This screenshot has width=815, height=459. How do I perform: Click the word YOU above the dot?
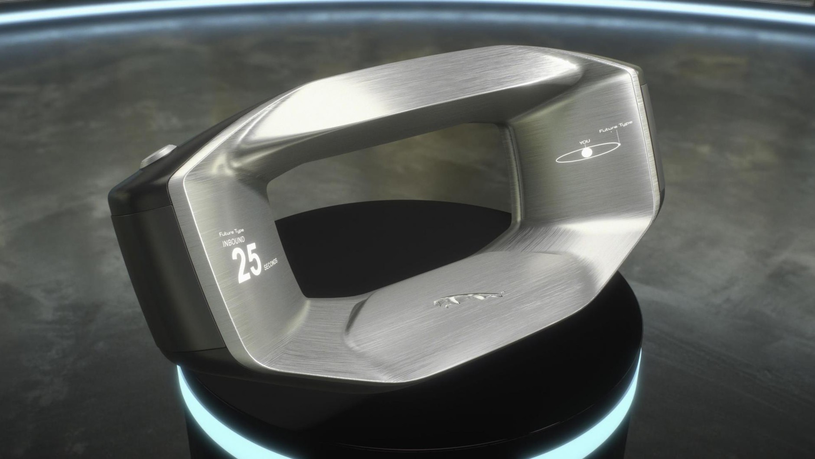[x=584, y=142]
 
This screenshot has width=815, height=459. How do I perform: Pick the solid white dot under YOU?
[x=587, y=152]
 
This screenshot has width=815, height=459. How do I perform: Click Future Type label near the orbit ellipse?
[x=615, y=127]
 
